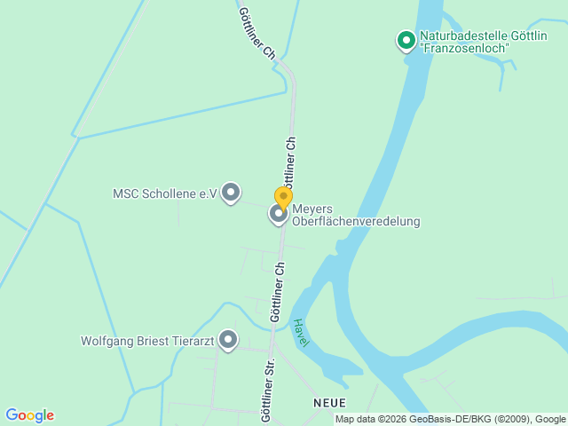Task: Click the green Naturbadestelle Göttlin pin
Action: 406,40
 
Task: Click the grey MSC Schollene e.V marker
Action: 231,192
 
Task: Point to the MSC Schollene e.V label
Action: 165,193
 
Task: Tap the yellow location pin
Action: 283,197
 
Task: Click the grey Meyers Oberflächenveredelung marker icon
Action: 279,213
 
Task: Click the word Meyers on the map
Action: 312,209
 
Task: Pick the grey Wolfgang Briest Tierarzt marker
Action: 228,339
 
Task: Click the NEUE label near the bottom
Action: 329,402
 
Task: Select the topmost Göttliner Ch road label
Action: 256,33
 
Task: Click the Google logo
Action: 29,415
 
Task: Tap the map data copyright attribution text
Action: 451,419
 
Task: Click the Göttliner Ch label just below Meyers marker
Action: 277,291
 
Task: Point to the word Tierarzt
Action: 195,340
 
